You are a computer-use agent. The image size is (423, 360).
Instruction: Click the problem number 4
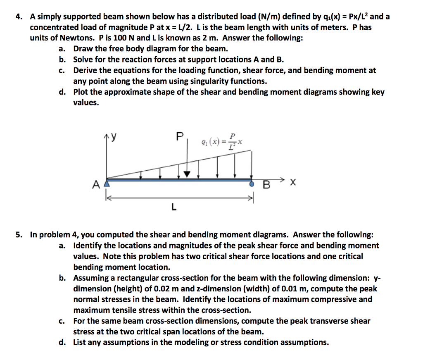pyautogui.click(x=18, y=17)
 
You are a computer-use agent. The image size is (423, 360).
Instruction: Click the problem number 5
pyautogui.click(x=18, y=235)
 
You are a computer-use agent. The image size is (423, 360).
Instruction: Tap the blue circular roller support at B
pyautogui.click(x=252, y=185)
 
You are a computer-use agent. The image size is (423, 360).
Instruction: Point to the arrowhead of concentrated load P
pyautogui.click(x=188, y=174)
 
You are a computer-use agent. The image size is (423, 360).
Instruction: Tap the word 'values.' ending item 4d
pyautogui.click(x=86, y=103)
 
